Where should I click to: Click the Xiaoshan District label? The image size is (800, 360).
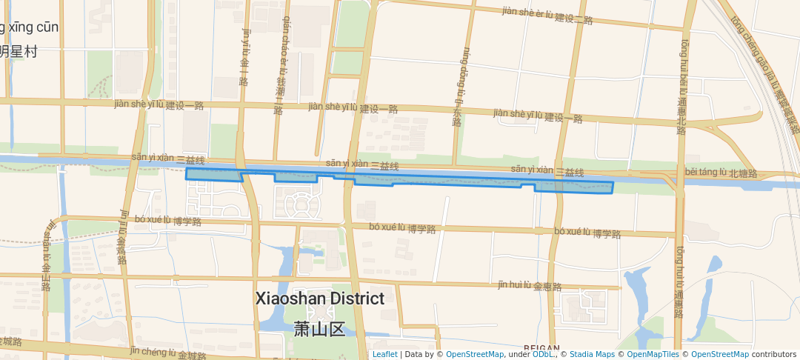click(320, 299)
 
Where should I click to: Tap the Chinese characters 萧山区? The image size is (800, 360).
click(320, 328)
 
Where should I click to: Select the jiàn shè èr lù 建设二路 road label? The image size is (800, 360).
click(547, 15)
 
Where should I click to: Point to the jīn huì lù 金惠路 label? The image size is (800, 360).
click(530, 285)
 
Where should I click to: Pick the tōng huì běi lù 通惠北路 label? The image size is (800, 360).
click(682, 87)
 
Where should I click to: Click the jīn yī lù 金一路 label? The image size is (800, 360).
click(245, 56)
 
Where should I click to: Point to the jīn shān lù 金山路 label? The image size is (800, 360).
click(47, 256)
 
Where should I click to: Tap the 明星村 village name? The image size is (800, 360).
click(19, 51)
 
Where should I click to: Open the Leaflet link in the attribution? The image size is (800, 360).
click(384, 354)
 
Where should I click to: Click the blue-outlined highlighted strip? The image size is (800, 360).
click(444, 180)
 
